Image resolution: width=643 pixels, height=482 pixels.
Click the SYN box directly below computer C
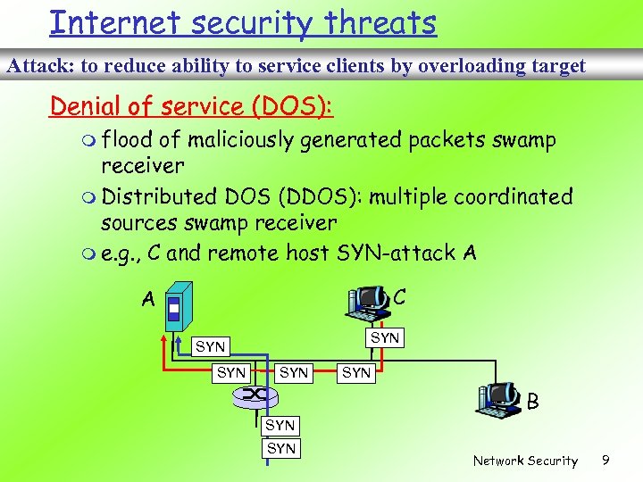(x=385, y=337)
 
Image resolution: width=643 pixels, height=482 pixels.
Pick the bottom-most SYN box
(x=280, y=448)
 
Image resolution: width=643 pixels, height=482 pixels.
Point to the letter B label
(x=532, y=403)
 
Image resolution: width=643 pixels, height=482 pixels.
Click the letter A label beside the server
(x=148, y=301)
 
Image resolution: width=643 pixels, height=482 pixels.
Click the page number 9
(x=605, y=461)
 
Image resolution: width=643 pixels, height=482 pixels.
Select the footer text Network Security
(x=525, y=461)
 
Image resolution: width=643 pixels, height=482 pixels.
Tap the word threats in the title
(x=379, y=22)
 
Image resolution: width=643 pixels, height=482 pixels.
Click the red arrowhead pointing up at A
(x=166, y=339)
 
